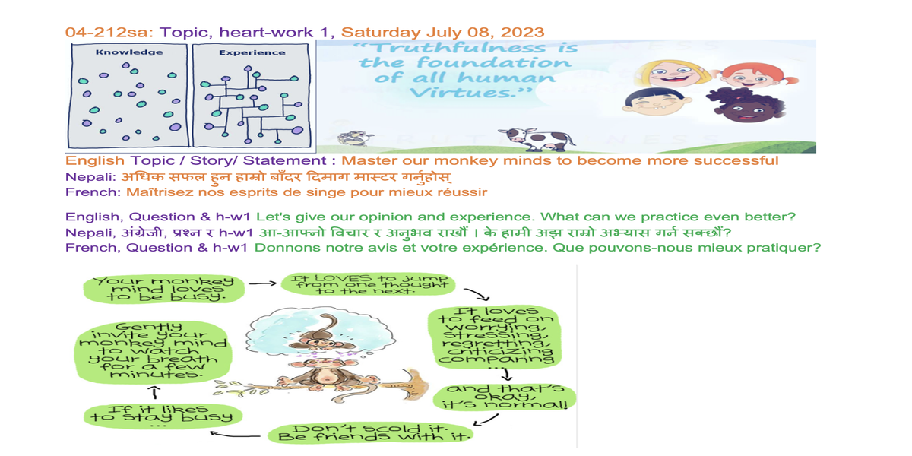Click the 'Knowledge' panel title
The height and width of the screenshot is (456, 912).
(x=129, y=52)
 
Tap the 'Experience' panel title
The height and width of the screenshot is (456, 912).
(x=252, y=52)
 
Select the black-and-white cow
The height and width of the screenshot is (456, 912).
(x=537, y=138)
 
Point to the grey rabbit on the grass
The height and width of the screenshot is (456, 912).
(x=355, y=138)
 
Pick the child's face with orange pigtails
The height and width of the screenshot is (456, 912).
(x=753, y=75)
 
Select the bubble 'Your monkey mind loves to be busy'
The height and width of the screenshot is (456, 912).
(x=163, y=290)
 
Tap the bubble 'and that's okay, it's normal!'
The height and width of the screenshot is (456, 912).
(x=505, y=397)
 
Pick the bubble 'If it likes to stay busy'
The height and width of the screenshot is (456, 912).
(x=163, y=416)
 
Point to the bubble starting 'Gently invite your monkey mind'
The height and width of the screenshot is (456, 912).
(x=153, y=351)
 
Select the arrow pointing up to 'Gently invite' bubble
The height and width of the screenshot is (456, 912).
(x=155, y=392)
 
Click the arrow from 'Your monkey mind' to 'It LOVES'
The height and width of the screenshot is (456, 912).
(x=263, y=283)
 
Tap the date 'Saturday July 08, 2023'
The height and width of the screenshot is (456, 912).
(x=442, y=33)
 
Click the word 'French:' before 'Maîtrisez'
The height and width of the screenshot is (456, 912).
(x=93, y=192)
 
